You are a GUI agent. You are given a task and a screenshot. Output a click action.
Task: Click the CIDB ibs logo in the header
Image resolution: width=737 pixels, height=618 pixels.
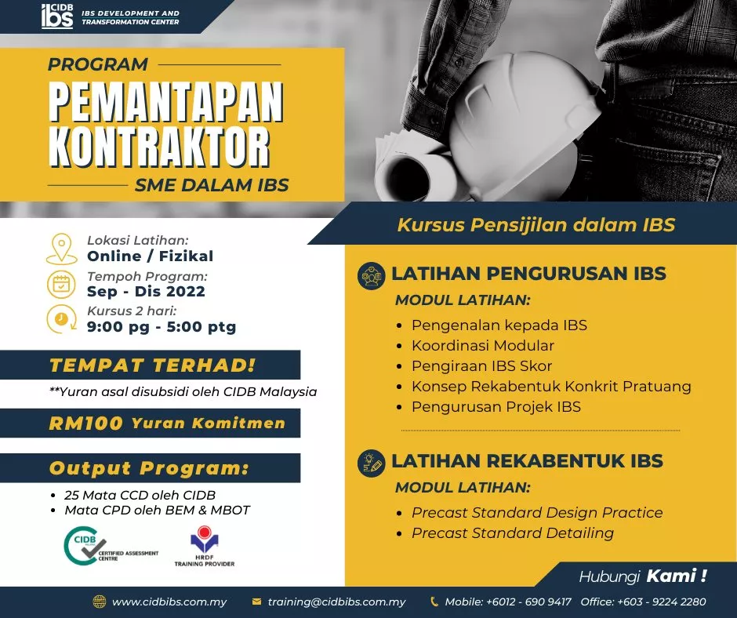coord(57,16)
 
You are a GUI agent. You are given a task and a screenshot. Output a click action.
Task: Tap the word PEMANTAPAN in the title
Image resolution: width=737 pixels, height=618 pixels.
coord(166,102)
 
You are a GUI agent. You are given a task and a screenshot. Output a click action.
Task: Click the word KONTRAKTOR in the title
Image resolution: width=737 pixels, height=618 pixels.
coord(159,147)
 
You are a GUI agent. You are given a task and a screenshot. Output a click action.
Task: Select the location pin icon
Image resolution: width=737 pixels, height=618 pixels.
coord(62,249)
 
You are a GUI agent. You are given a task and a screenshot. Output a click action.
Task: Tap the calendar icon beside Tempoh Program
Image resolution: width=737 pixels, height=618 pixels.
coord(61,285)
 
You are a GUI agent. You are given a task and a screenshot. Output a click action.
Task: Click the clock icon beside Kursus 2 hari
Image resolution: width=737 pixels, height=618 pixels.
coord(62,319)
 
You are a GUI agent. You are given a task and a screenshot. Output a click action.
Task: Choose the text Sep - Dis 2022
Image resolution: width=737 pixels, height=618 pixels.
coord(146,291)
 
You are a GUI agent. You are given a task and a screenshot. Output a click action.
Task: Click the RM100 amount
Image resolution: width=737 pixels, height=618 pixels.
coord(85,424)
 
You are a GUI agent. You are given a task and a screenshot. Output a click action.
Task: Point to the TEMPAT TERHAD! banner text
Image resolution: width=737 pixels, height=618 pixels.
coord(152,365)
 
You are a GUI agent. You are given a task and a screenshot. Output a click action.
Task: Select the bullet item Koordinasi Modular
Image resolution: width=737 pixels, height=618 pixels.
coord(483,346)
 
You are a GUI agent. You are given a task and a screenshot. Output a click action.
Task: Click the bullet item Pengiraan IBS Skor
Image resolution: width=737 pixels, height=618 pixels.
coord(481,366)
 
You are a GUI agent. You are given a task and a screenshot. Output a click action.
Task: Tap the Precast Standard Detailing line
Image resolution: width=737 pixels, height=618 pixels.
coord(513,533)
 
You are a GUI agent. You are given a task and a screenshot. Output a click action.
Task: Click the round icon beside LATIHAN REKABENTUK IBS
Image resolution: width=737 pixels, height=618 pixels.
coord(372,463)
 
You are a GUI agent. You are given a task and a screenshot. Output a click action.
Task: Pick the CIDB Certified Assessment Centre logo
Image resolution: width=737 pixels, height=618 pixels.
coord(111,546)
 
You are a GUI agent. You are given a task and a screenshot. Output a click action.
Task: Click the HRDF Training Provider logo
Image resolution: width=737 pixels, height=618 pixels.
coord(205,547)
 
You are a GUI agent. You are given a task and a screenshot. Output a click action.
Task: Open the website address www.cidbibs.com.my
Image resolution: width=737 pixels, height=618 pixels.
coord(169,602)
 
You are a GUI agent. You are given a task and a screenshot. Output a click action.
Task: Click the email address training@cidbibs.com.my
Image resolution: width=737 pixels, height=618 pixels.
coord(336,602)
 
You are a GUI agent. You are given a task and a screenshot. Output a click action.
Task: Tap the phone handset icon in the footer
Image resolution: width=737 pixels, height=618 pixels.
coord(434,602)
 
